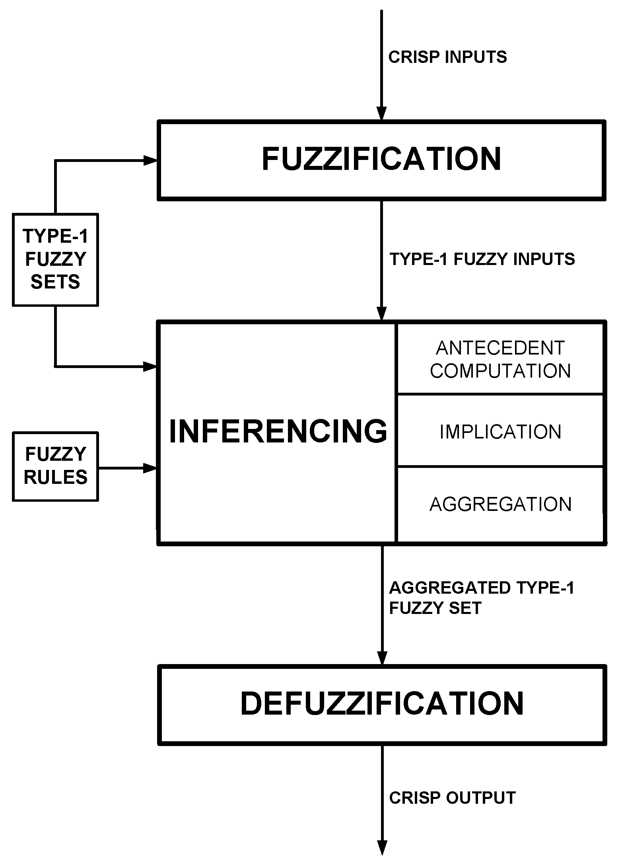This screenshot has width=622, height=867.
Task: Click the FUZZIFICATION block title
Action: [x=381, y=160]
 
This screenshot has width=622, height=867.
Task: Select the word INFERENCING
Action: [x=278, y=432]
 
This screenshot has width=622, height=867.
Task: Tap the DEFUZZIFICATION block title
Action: [x=382, y=704]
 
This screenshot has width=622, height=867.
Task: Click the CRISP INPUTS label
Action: [x=447, y=57]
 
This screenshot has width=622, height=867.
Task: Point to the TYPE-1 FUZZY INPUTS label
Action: [x=482, y=259]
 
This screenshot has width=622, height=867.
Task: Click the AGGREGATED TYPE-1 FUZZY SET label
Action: [x=481, y=598]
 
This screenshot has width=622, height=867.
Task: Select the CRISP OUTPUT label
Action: [x=452, y=798]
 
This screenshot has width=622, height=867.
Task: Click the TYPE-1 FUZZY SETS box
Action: [x=55, y=260]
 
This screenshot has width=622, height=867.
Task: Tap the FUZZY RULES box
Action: [x=55, y=466]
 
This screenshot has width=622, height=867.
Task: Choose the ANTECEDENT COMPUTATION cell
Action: [x=500, y=359]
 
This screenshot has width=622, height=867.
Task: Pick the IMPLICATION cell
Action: [x=500, y=432]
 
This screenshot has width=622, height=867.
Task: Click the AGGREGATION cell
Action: [x=500, y=504]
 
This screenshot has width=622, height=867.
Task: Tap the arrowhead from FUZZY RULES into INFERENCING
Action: [x=150, y=468]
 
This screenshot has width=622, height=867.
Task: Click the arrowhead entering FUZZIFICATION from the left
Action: [x=150, y=160]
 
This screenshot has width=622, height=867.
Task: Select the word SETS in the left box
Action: [x=55, y=282]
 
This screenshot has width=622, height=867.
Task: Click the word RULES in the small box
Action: [x=55, y=477]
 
